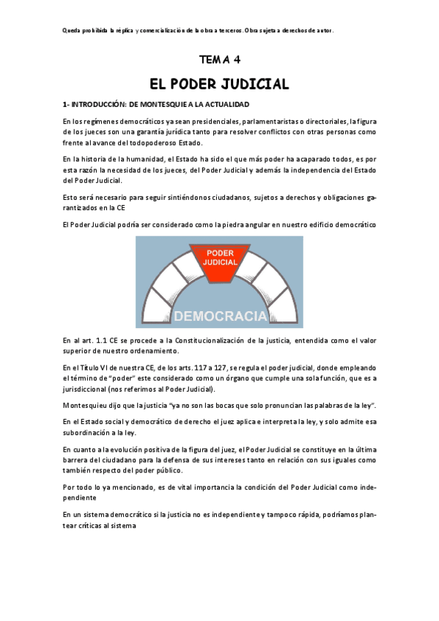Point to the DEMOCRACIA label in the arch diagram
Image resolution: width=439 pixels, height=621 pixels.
coord(219,316)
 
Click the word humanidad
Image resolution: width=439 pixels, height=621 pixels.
coord(145,159)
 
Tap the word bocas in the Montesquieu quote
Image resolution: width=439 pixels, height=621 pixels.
coord(243,405)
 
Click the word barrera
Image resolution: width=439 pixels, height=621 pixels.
coord(76,460)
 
